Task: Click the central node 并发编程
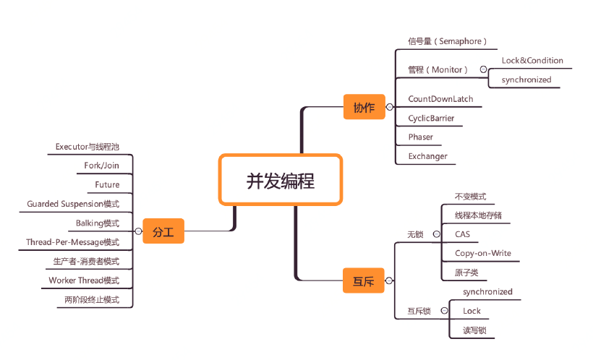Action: tap(280, 180)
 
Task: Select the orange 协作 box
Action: tap(364, 107)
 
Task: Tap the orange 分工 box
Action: tap(163, 232)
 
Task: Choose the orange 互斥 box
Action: tap(363, 280)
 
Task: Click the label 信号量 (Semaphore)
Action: tap(447, 41)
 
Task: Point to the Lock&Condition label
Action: tap(532, 61)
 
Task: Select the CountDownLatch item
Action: tap(440, 99)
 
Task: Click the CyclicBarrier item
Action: tap(431, 118)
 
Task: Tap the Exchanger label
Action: tap(427, 156)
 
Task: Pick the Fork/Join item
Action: tap(101, 166)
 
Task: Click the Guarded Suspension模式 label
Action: tap(73, 204)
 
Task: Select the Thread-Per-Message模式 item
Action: tap(72, 242)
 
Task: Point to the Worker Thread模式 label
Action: tap(84, 280)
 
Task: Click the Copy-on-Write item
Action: tap(483, 253)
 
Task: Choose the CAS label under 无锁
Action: tap(462, 234)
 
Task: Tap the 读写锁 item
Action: tap(474, 330)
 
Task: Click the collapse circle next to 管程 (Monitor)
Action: tap(483, 70)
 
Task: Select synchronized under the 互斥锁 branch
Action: tap(487, 292)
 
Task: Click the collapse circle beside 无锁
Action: tap(435, 234)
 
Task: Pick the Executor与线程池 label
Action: tap(87, 147)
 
